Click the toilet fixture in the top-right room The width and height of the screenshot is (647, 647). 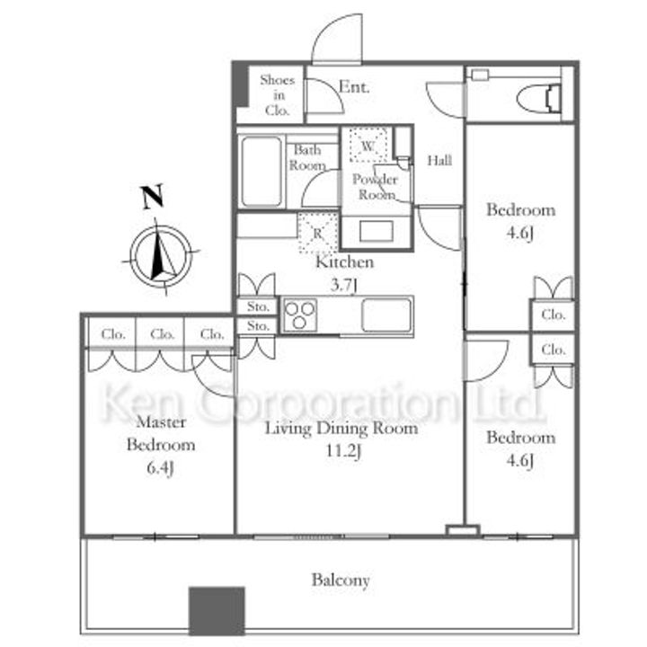pos(539,99)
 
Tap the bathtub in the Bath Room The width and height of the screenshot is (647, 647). pos(261,172)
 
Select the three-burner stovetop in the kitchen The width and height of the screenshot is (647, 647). pos(300,315)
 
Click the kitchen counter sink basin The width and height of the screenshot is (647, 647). pos(386,315)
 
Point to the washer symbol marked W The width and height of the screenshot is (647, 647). pos(368,146)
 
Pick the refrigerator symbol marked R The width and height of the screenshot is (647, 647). pos(318,233)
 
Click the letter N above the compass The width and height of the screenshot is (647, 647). pos(153,197)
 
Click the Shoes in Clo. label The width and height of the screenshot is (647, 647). pos(278,95)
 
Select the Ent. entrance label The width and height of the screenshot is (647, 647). pos(354,87)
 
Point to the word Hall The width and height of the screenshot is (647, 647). pos(439,160)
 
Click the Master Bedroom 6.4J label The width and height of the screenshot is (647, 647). pos(161,445)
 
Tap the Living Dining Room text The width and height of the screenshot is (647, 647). pos(341,429)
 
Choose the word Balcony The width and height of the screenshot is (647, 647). pos(341,581)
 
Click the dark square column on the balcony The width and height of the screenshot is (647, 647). pos(217,611)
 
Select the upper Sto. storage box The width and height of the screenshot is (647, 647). pos(258,306)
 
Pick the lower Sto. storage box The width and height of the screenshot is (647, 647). pos(258,326)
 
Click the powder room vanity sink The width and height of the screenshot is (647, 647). pos(376,232)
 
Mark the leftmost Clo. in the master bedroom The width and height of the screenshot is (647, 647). pos(112,333)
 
